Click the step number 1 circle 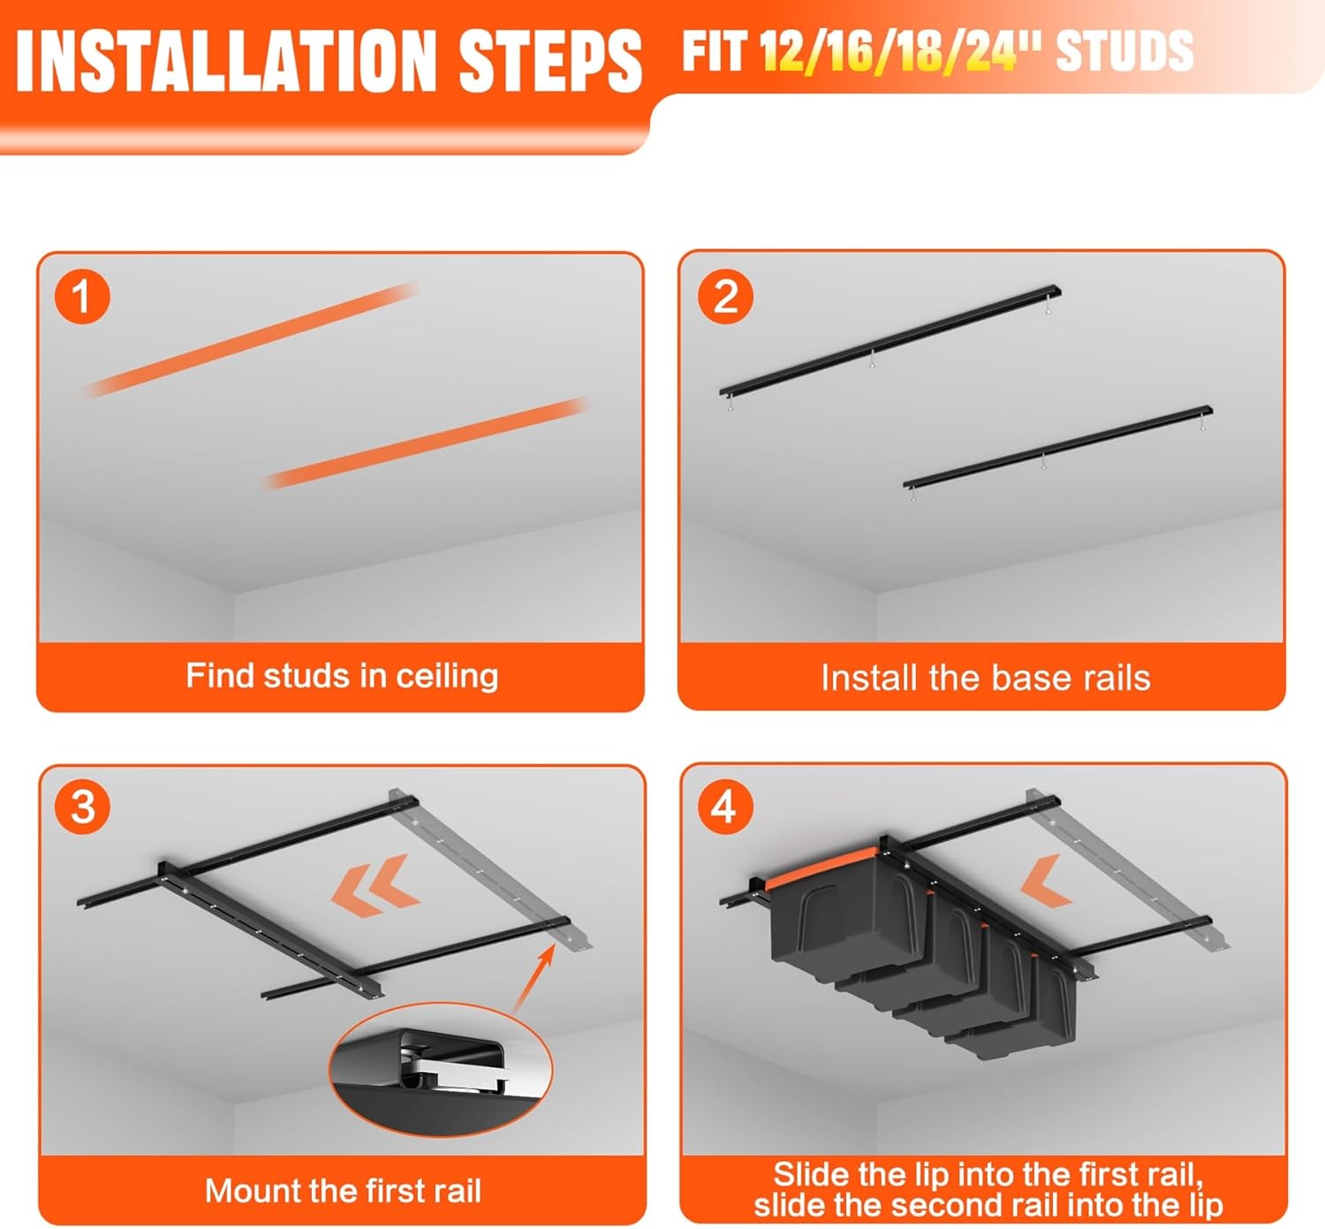(82, 297)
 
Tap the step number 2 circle (725, 297)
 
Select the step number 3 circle (83, 807)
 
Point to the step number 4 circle (725, 807)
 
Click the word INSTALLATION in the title (225, 61)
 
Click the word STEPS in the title (550, 61)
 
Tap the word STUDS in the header (1124, 50)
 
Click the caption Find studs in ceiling (342, 676)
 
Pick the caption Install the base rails (986, 678)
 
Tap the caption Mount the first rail (343, 1189)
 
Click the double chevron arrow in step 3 (375, 885)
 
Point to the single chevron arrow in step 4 (1046, 881)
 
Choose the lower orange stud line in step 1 (425, 444)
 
